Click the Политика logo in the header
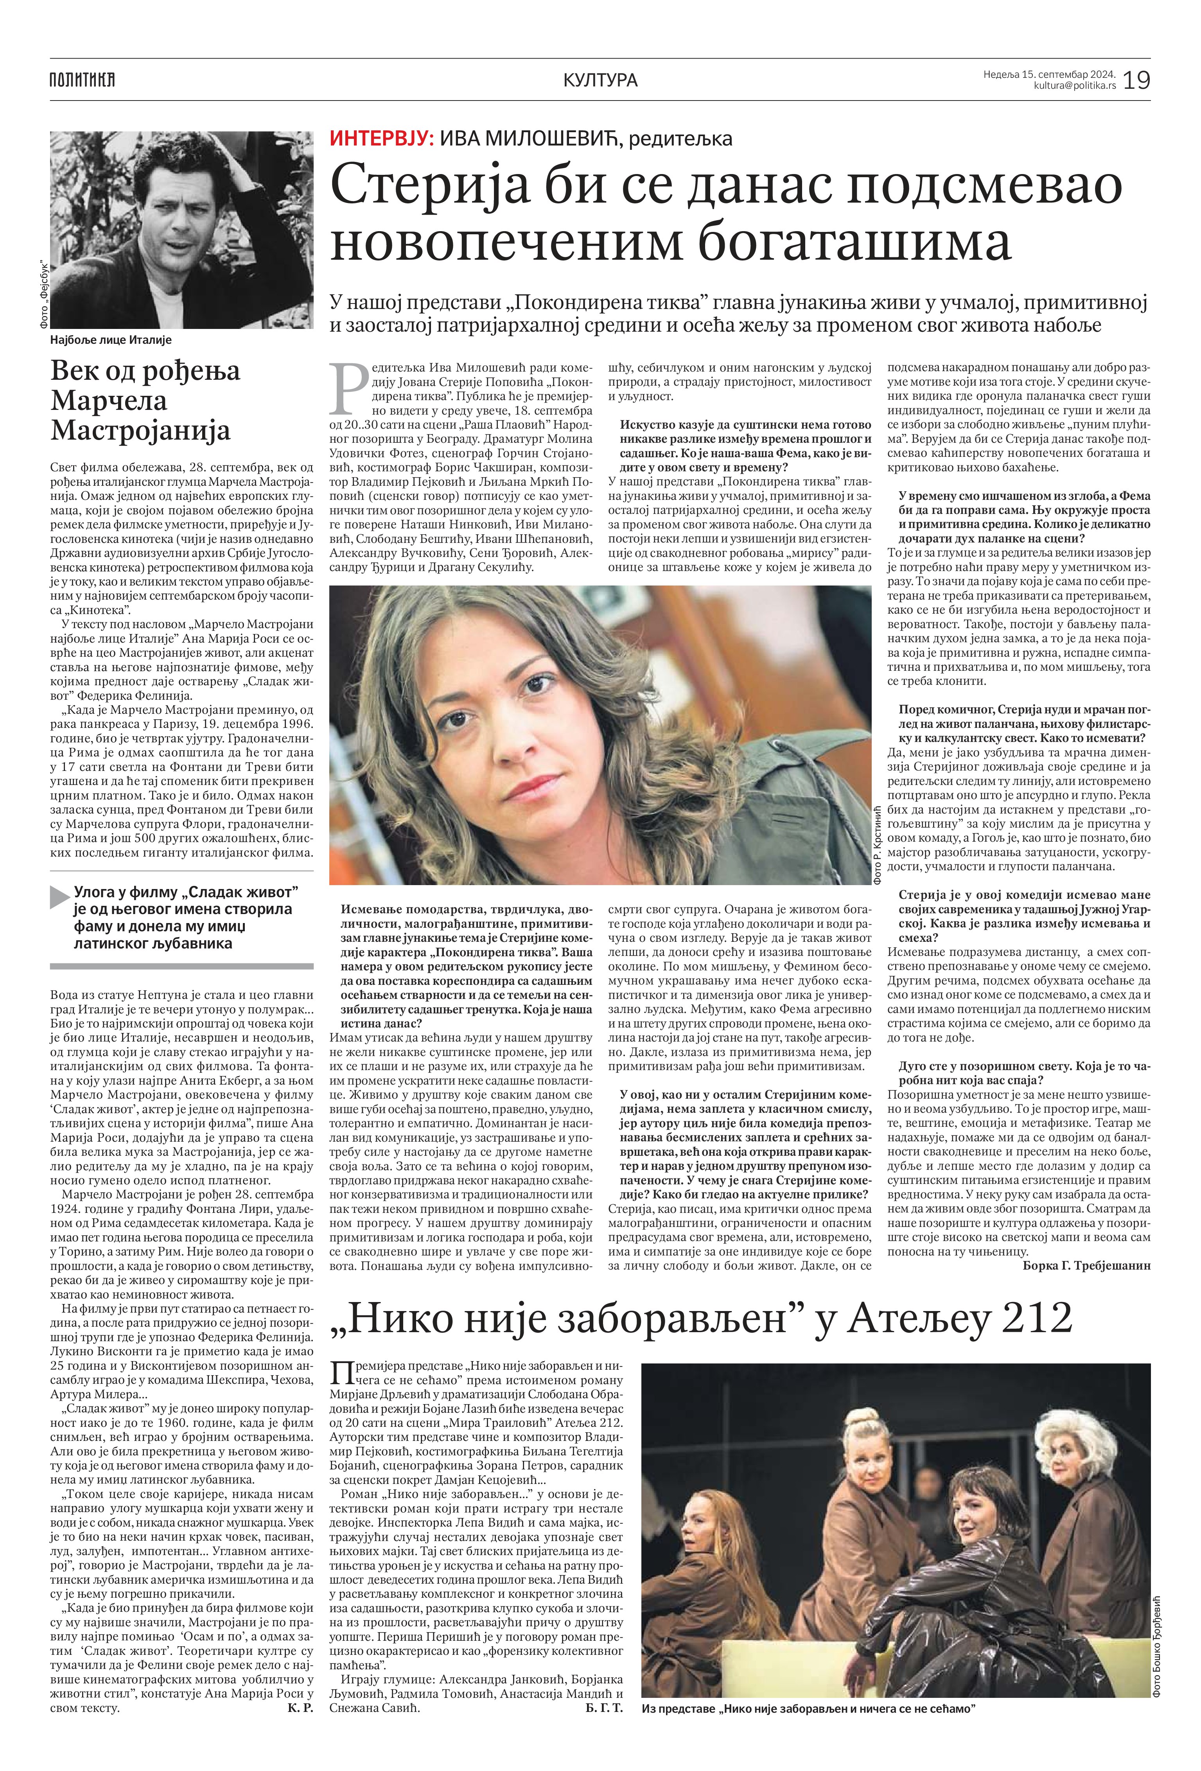(x=82, y=79)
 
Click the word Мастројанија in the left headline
(x=140, y=431)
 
